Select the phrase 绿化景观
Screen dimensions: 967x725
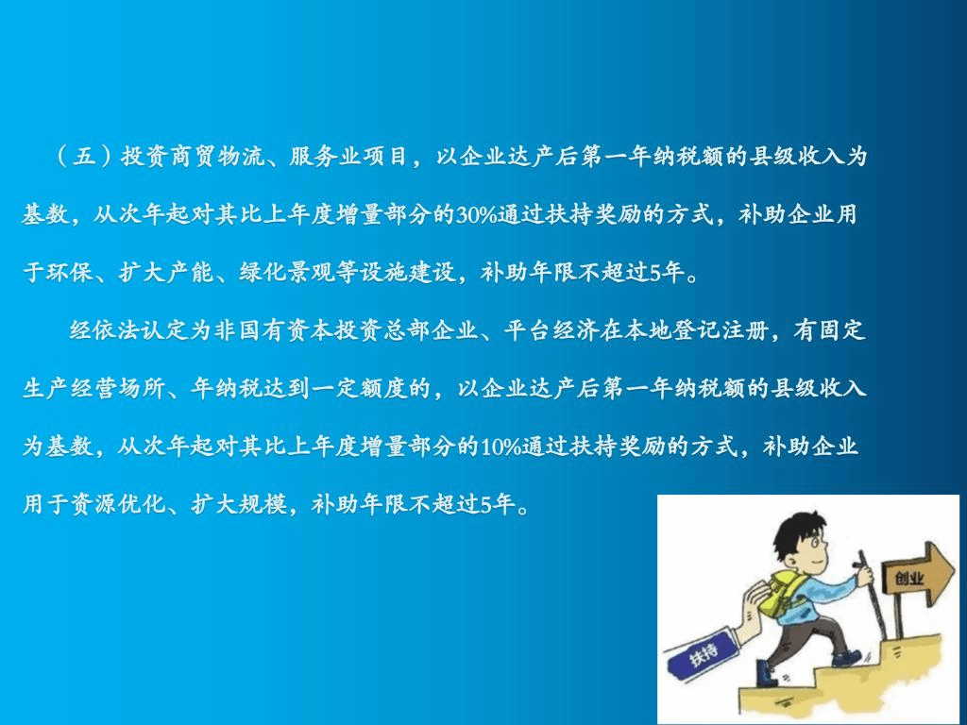(x=287, y=273)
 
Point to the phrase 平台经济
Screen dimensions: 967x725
(x=551, y=330)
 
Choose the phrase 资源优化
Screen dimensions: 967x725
(x=118, y=504)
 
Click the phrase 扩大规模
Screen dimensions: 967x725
(x=239, y=504)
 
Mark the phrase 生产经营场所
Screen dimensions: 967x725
(x=94, y=388)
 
